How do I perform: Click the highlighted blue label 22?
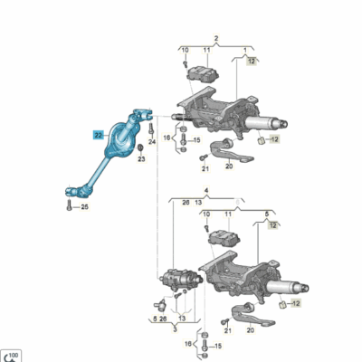pyautogui.click(x=98, y=133)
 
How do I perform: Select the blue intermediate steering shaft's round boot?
pyautogui.click(x=121, y=138)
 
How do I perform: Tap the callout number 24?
pyautogui.click(x=152, y=143)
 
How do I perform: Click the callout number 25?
pyautogui.click(x=84, y=207)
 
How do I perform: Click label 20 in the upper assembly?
pyautogui.click(x=229, y=166)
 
